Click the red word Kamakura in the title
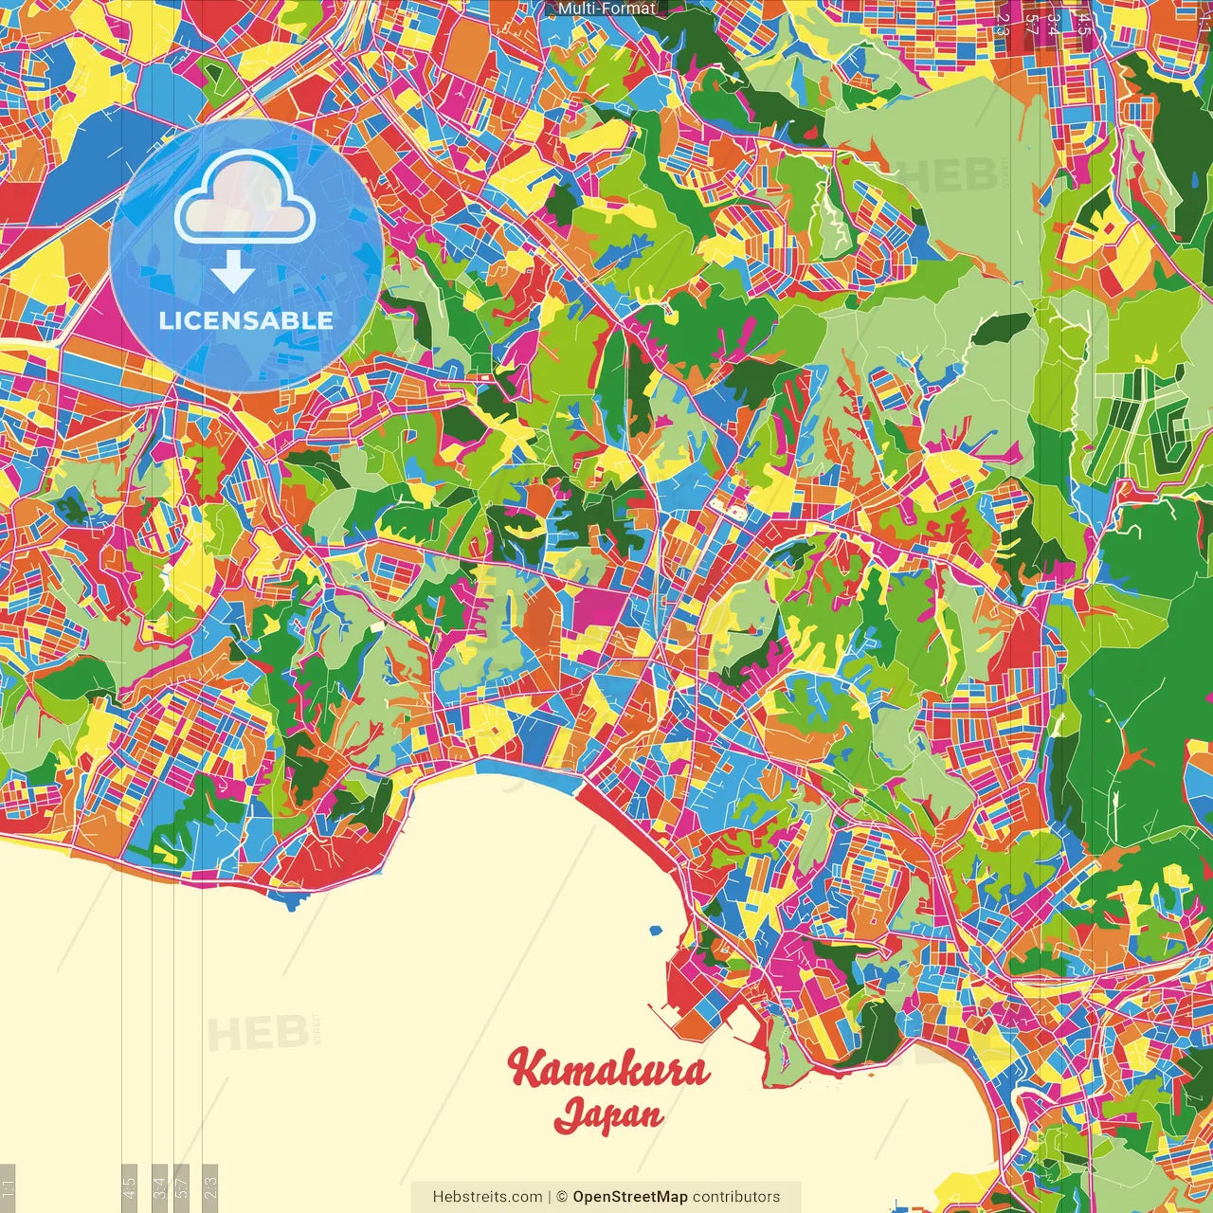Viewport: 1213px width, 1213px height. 608,1070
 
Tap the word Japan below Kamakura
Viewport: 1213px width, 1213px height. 608,1115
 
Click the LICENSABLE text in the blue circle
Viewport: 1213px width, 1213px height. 246,320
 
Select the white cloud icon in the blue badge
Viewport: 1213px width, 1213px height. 245,199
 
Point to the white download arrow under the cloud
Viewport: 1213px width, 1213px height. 232,273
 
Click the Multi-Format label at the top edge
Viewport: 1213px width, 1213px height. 606,9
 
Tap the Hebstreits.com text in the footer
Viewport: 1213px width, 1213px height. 487,1197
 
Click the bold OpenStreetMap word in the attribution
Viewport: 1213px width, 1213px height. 630,1197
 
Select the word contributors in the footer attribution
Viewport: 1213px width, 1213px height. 736,1197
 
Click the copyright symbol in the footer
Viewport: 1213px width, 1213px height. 561,1197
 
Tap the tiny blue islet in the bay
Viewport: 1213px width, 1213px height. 655,931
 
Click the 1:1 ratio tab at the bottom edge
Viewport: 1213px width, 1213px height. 8,1187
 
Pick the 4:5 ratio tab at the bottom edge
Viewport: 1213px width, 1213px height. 130,1187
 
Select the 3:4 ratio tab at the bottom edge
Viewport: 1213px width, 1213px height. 160,1187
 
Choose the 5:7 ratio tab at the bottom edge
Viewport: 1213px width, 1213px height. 183,1187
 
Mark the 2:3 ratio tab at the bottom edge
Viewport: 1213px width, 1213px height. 210,1187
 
